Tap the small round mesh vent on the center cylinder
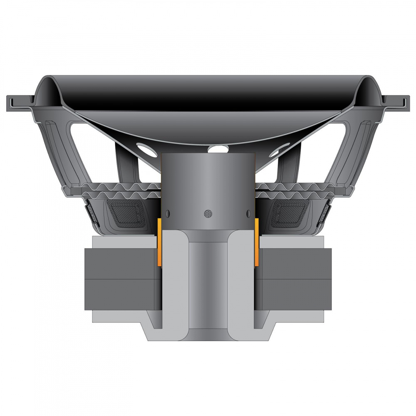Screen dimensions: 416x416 (208, 213)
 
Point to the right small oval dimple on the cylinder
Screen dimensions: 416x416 (248, 213)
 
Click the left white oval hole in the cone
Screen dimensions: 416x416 (146, 149)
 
